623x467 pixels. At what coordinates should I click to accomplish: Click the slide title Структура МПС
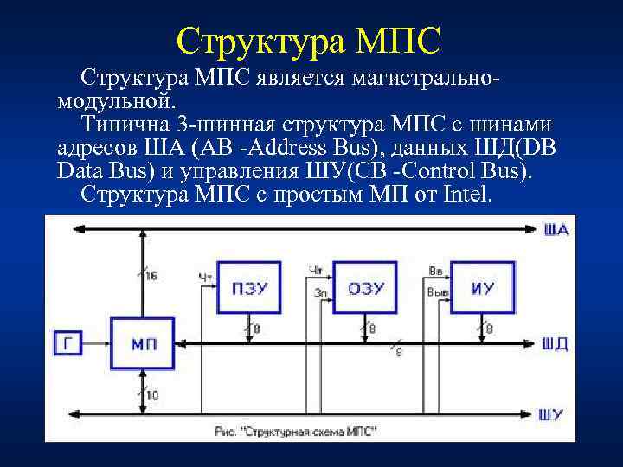[x=309, y=38]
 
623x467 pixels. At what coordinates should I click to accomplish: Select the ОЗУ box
[x=365, y=288]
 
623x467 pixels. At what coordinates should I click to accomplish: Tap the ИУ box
[x=483, y=288]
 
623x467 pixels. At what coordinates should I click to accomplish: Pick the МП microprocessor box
[x=144, y=343]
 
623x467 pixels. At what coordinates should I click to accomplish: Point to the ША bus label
[x=557, y=230]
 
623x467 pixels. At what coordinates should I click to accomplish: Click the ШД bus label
[x=556, y=344]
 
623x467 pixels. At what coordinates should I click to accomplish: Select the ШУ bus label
[x=556, y=414]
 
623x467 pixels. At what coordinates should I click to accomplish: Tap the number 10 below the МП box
[x=151, y=394]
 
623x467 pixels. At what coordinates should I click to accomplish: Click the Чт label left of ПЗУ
[x=205, y=277]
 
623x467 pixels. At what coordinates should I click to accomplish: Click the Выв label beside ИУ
[x=438, y=292]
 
